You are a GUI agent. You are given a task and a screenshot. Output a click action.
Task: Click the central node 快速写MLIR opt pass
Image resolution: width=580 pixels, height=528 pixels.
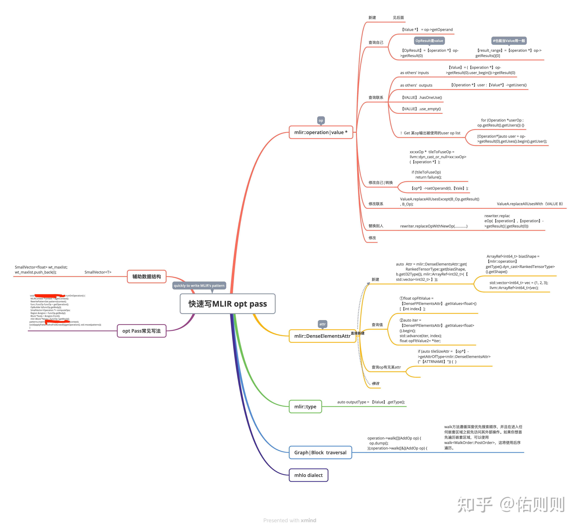tap(227, 304)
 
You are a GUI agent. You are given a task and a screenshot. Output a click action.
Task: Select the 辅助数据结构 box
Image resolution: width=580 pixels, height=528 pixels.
tap(146, 277)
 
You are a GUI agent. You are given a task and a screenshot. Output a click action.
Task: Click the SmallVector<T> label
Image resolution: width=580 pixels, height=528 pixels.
tap(98, 272)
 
